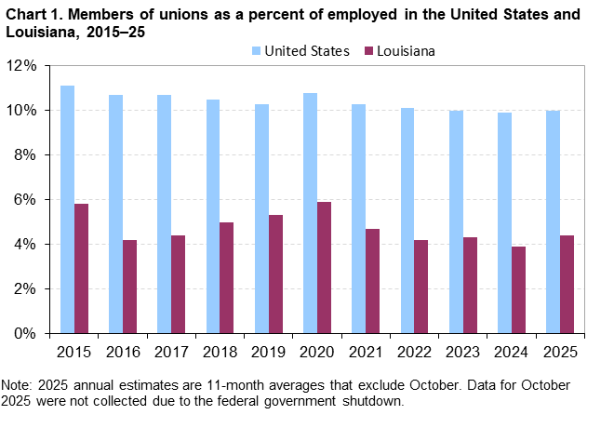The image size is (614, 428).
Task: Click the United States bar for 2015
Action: [67, 209]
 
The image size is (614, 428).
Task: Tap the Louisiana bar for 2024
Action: [518, 289]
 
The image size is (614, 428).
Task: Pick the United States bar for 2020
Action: [310, 213]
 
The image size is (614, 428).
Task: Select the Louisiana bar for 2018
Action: [227, 277]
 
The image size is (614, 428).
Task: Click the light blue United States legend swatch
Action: [255, 51]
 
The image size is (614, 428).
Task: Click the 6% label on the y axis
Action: [25, 199]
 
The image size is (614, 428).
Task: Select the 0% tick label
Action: [25, 333]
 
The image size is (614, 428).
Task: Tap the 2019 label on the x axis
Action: [268, 353]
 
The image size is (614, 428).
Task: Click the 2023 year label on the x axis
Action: [462, 353]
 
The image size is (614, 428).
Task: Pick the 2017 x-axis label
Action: [170, 353]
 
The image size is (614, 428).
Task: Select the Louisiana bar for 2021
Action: [372, 280]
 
